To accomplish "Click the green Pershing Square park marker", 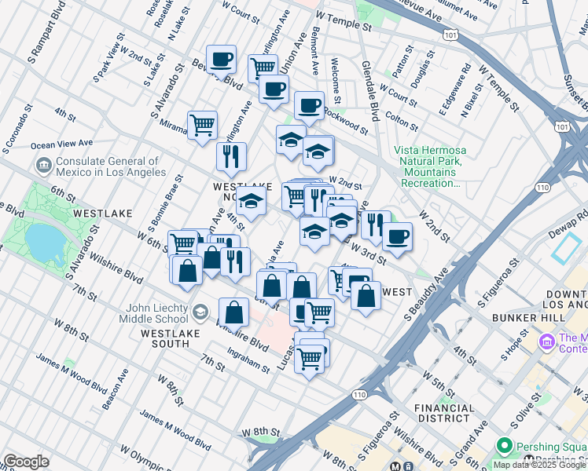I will coord(504,446).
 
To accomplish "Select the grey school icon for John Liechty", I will coord(200,312).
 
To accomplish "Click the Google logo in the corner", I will coord(27,462).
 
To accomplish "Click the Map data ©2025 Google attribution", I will coord(538,465).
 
